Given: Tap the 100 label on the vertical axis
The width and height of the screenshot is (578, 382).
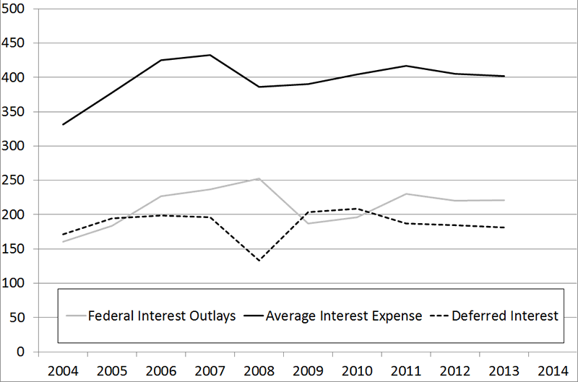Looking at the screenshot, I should (17, 283).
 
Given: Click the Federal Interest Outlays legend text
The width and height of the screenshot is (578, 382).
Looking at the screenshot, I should (161, 316).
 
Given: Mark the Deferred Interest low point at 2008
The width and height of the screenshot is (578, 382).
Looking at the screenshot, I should (259, 260).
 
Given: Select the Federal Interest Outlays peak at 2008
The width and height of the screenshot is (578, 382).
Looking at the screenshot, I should (259, 178).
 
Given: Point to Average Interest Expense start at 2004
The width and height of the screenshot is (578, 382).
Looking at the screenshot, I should (63, 125).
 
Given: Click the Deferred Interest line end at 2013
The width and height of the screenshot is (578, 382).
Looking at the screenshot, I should (504, 227).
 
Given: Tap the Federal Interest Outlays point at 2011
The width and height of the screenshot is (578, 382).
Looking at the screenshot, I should (406, 194).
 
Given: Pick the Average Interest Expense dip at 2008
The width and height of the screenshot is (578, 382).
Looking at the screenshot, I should (259, 87).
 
